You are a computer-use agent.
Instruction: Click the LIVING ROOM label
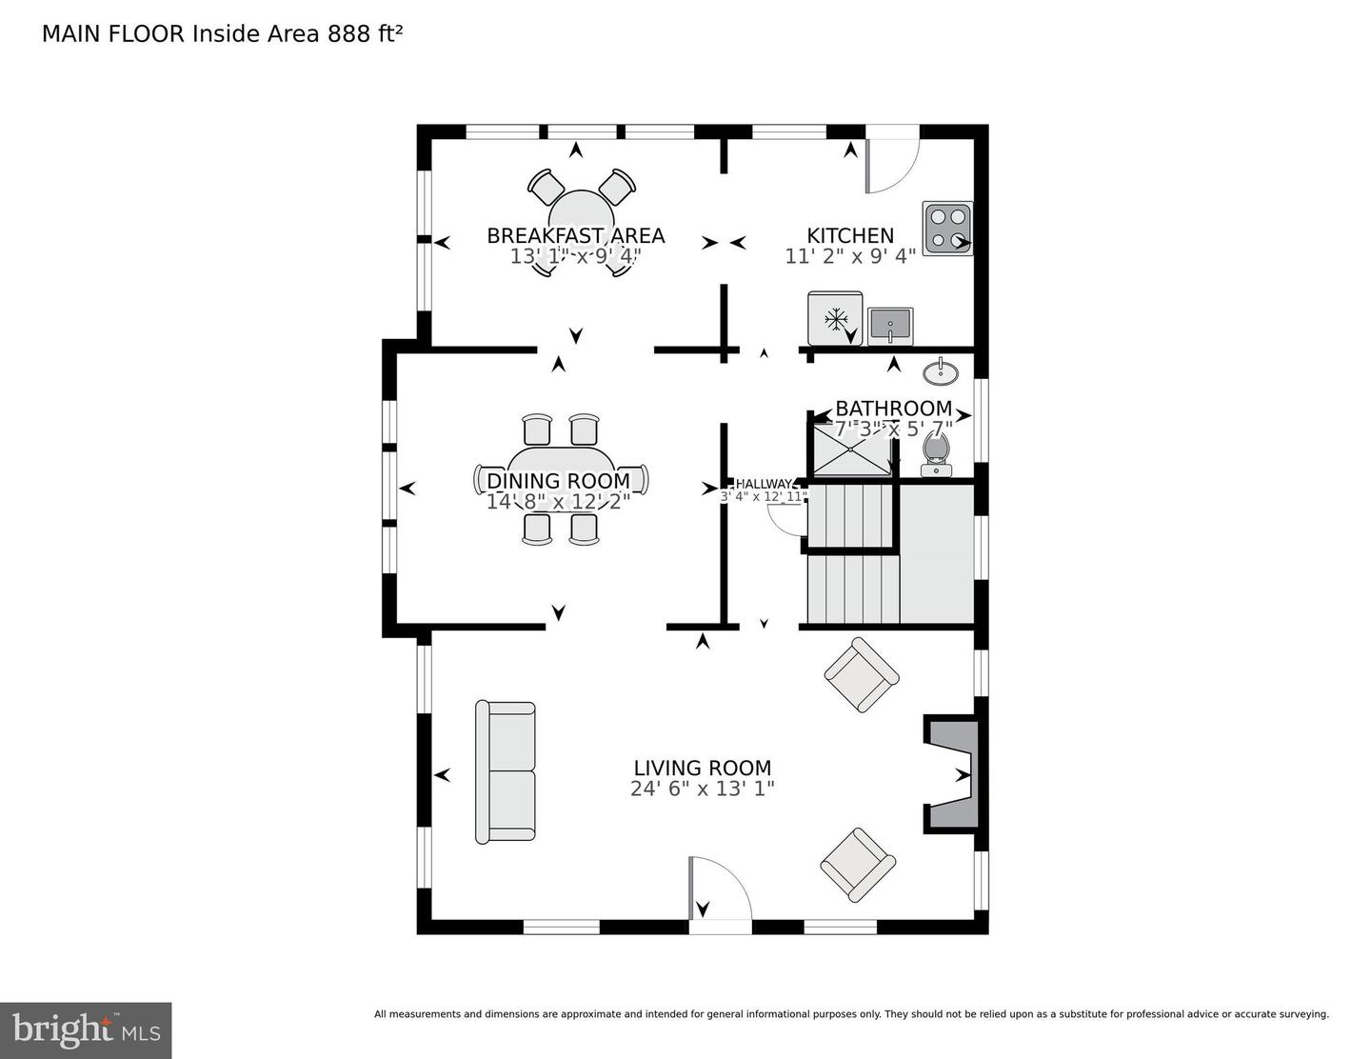coord(703,768)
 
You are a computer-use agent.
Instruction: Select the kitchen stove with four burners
coord(946,229)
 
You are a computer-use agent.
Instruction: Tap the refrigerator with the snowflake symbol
coord(835,319)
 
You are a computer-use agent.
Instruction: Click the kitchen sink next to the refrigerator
coord(890,327)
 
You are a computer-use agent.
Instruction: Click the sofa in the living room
coord(506,772)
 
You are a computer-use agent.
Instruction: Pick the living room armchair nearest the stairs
coord(861,675)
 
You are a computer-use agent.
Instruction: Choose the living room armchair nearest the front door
coord(858,865)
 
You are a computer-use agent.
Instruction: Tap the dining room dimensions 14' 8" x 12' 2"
coord(559,502)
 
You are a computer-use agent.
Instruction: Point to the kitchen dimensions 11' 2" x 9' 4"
coord(850,256)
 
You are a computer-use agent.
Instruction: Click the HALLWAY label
coord(764,484)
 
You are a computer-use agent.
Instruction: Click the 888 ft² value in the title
coord(366,33)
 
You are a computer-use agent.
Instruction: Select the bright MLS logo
coord(86,1030)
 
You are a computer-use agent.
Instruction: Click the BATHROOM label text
coord(893,409)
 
